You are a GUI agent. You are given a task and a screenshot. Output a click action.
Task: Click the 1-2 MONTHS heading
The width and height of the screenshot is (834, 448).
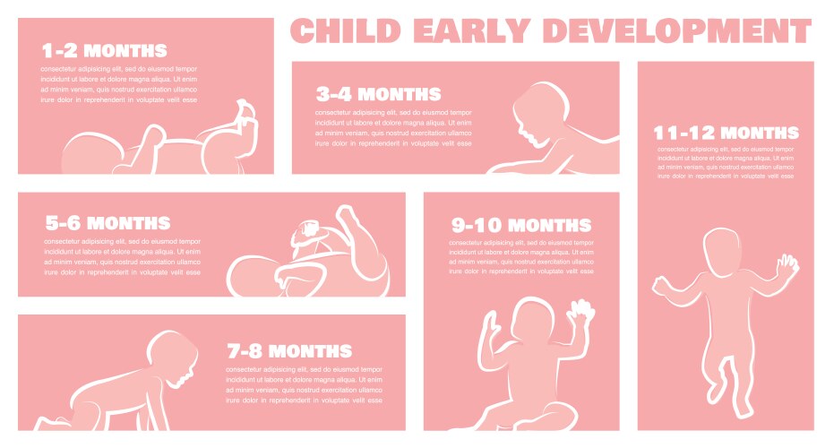104,50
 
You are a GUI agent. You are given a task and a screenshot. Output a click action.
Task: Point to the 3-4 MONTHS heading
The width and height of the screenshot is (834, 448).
378,94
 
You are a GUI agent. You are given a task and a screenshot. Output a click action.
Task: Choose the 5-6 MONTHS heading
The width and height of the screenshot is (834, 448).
107,223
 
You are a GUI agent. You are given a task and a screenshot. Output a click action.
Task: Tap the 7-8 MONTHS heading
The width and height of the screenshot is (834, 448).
288,350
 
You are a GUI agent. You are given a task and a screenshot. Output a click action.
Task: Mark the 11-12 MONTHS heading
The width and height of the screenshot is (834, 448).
727,133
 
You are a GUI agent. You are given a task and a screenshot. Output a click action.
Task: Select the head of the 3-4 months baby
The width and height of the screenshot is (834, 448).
544,112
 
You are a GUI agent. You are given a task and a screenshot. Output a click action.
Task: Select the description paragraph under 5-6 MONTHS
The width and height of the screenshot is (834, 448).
122,256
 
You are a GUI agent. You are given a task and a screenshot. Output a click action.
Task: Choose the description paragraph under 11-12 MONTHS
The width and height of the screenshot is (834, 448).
726,162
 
